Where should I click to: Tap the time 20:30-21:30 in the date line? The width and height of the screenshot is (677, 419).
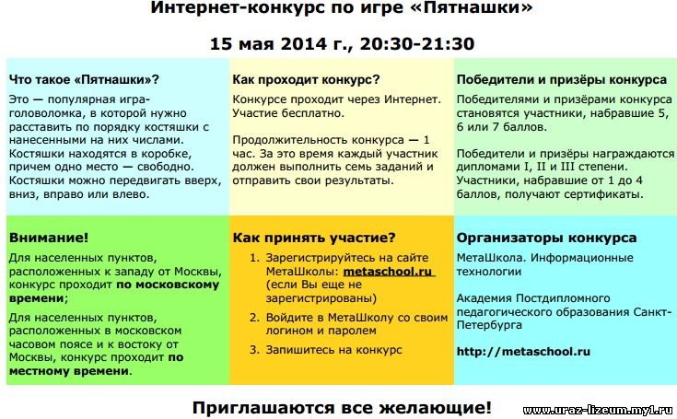tap(417, 44)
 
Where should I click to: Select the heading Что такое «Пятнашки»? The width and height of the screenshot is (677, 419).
tap(84, 80)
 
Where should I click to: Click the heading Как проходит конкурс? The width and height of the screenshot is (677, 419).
tap(306, 80)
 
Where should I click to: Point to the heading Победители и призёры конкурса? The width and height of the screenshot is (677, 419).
tap(562, 80)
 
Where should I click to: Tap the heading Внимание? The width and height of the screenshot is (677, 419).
tap(48, 238)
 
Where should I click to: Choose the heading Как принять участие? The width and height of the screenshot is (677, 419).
tap(314, 239)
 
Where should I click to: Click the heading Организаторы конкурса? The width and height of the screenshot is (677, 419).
tap(546, 239)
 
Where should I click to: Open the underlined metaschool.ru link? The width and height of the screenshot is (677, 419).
tap(388, 272)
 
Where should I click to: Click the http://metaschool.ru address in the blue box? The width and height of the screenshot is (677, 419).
tap(523, 352)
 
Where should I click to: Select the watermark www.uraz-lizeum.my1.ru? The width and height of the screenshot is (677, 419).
tap(598, 410)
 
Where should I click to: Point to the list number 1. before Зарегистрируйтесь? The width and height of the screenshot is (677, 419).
tap(254, 258)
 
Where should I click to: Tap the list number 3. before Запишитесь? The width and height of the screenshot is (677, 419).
tap(254, 350)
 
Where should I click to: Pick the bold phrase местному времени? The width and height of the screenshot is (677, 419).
tap(69, 371)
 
